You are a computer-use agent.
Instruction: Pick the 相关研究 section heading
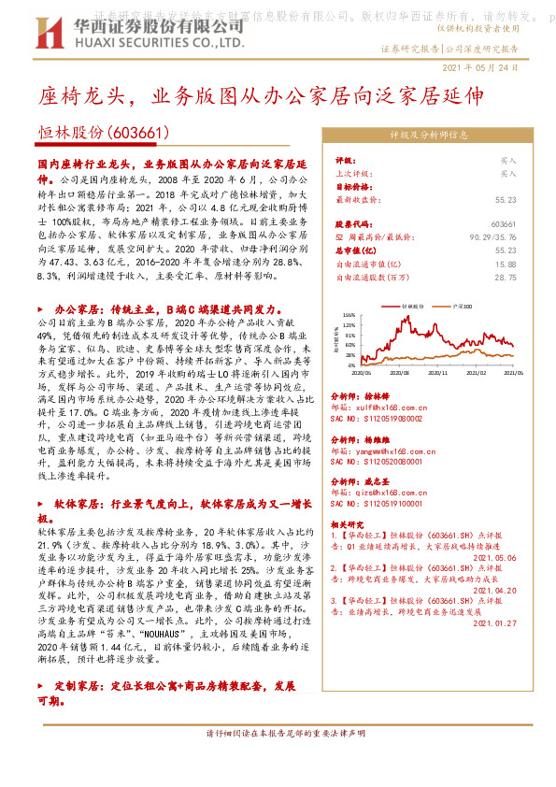pyautogui.click(x=348, y=524)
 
